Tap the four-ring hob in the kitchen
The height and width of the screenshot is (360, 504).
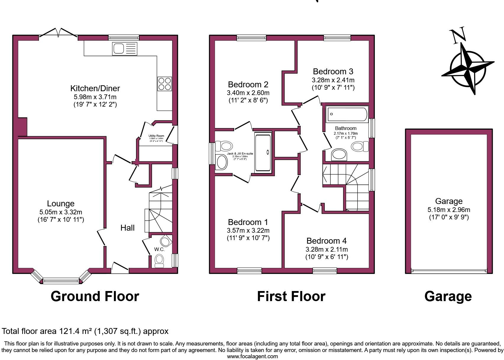click(164, 83)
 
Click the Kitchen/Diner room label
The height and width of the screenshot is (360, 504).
click(95, 88)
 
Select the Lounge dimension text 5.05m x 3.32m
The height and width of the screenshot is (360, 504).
click(61, 212)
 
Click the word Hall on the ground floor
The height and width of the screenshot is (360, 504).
click(127, 228)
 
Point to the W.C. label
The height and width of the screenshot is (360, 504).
click(159, 249)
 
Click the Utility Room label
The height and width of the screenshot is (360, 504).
click(156, 136)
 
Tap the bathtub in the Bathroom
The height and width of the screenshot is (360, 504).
click(347, 114)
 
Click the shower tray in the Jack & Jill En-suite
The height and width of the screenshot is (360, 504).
click(263, 152)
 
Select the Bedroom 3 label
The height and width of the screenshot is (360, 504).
click(333, 71)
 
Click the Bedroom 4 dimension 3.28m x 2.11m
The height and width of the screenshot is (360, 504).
click(327, 249)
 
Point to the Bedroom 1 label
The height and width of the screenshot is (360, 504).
click(248, 222)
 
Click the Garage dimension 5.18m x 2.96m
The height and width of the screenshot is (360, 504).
click(449, 210)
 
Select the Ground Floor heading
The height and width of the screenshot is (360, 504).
click(95, 296)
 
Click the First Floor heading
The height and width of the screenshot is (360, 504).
click(291, 296)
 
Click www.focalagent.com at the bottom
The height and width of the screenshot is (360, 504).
click(252, 356)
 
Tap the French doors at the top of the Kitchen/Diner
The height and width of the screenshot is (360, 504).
click(58, 33)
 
